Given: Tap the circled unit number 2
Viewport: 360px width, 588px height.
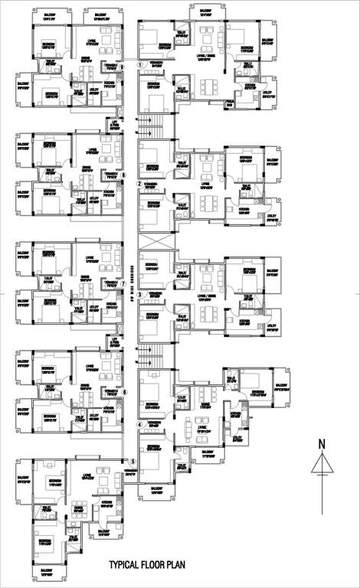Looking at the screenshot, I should click(139, 184).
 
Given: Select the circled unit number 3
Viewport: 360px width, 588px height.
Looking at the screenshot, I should click(139, 295).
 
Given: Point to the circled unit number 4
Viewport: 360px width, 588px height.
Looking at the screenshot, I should click(139, 424).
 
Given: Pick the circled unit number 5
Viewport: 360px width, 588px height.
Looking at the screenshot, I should click(133, 462).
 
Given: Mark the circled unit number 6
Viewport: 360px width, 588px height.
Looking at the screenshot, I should click(123, 392).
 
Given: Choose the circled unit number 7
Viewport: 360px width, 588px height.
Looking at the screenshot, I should click(123, 283).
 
